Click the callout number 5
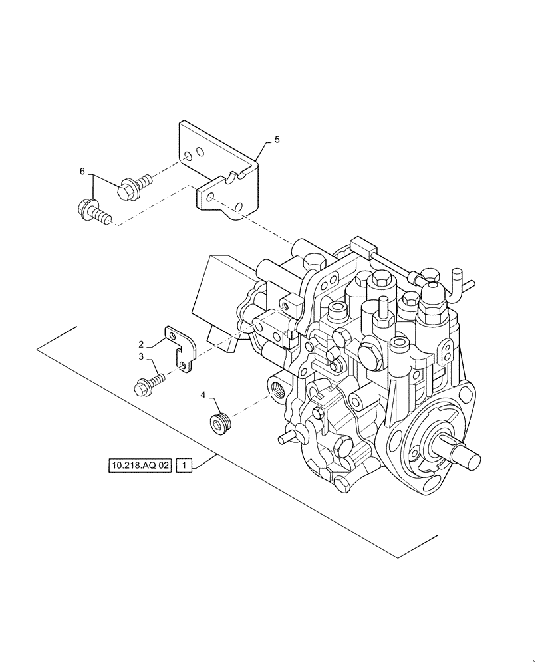277,140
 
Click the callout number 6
82,172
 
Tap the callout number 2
141,344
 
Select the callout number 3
141,357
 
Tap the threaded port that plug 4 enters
275,386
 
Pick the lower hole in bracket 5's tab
209,198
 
